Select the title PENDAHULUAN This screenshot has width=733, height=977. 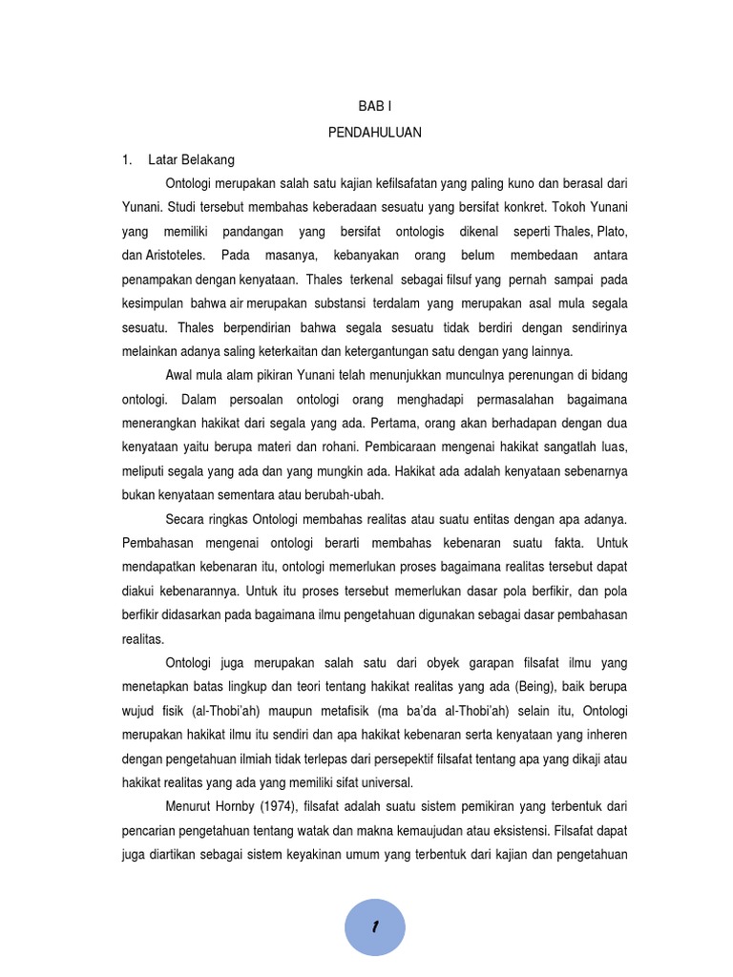[x=375, y=134]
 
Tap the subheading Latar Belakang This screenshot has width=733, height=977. [x=191, y=158]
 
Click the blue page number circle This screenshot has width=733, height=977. [x=375, y=926]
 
